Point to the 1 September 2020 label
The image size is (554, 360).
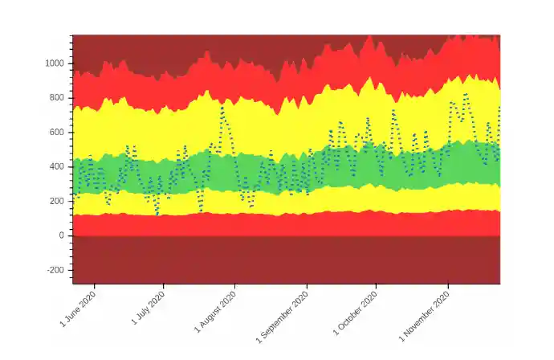point(283,315)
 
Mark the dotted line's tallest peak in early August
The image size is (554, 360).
point(222,108)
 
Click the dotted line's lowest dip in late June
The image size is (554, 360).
point(157,214)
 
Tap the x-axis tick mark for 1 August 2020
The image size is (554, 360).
point(234,287)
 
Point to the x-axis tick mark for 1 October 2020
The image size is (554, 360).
point(376,287)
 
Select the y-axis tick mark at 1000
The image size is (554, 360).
point(70,63)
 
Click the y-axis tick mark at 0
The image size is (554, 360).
point(70,235)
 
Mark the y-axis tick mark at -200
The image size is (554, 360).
point(70,270)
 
